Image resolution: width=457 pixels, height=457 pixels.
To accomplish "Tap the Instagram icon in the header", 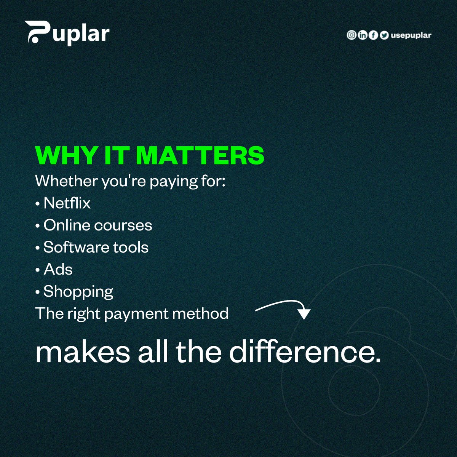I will pos(351,35).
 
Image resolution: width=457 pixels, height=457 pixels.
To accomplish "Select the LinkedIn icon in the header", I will pos(362,35).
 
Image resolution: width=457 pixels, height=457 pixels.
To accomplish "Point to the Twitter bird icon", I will pos(384,35).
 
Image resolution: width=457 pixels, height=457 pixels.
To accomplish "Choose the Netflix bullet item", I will pos(67,203).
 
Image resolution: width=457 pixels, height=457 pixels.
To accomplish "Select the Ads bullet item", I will pos(58,269).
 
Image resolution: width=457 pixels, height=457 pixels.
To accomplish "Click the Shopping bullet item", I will pos(78,292).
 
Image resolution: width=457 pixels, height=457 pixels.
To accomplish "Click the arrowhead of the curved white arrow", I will pos(304,314).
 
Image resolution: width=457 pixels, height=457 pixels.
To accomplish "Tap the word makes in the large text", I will pos(83,352).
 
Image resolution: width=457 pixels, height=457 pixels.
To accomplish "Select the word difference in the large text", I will pos(305,352).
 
